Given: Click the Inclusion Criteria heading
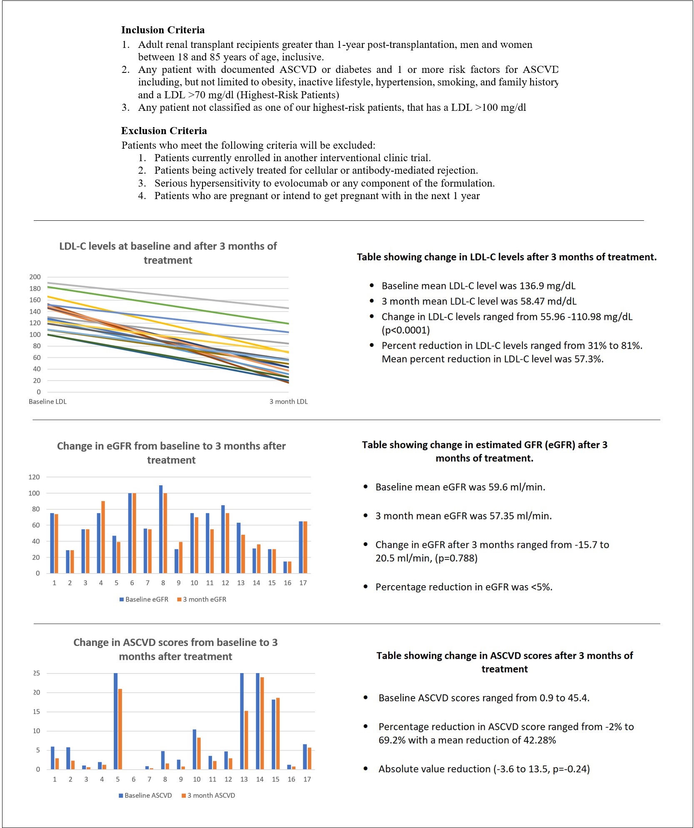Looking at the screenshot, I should point(163,30).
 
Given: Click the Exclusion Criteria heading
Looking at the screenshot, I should point(164,131).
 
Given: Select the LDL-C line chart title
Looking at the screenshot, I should point(168,253).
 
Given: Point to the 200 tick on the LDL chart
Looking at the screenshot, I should point(35,277).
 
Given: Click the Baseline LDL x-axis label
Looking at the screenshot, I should point(47,402).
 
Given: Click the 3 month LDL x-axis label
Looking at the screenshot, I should point(288,402).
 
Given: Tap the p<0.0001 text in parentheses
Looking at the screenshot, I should point(405,330).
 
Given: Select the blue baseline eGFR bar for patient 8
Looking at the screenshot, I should point(161,529).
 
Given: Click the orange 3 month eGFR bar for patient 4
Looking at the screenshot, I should point(103,537).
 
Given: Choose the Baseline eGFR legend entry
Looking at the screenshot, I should point(144,599).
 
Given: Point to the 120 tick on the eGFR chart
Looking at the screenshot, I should point(34,477).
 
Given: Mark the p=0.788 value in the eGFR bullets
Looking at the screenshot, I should point(456,558).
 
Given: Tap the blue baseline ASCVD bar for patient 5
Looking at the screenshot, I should point(116,721).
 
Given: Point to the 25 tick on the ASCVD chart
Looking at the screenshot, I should point(37,673).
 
